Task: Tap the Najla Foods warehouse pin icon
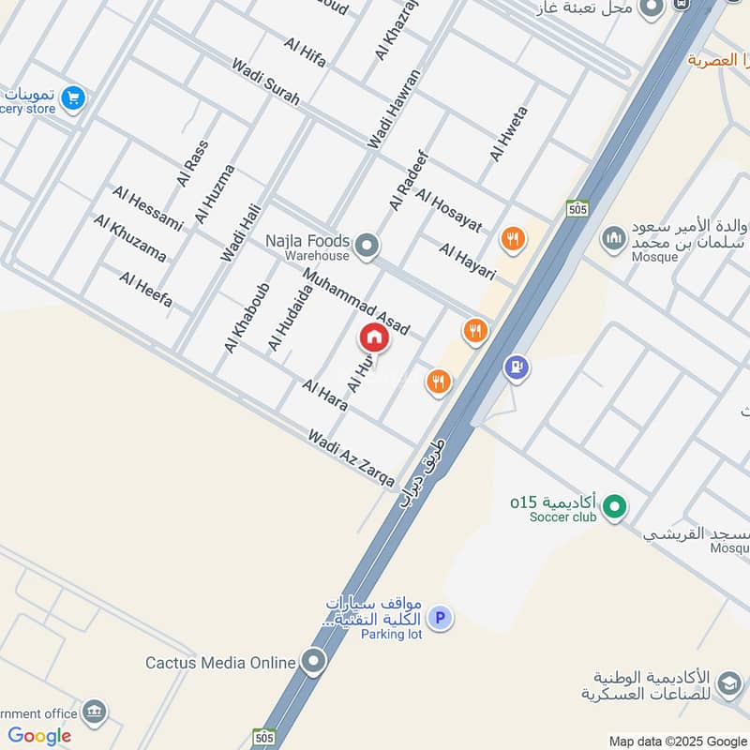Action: [367, 247]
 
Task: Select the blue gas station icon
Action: [516, 367]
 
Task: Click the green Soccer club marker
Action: [614, 507]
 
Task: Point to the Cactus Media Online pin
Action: [313, 662]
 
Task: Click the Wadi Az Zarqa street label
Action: [352, 457]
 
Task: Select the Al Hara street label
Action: [325, 395]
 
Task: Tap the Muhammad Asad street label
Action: [355, 302]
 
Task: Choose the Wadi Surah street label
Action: [266, 82]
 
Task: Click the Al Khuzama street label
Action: [130, 238]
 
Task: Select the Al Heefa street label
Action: [146, 290]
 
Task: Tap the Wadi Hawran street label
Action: [395, 109]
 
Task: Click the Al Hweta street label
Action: [509, 133]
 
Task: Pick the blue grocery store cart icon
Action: [72, 97]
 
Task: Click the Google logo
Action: [39, 737]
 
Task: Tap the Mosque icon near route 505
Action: [613, 238]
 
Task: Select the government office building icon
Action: [93, 711]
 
